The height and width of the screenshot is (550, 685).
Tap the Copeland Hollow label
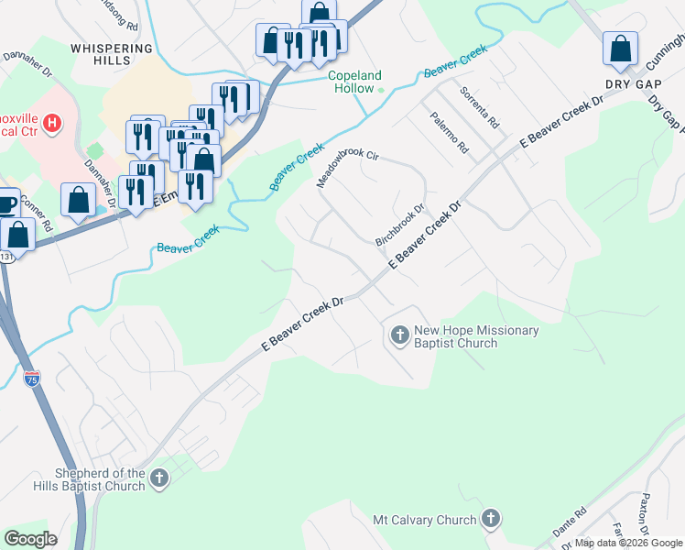point(355,82)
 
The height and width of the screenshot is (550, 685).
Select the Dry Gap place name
point(633,82)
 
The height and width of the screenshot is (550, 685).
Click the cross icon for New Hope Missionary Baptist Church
point(399,336)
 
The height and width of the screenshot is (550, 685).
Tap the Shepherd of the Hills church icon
point(159,478)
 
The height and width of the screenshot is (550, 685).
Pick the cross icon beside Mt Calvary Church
point(491,520)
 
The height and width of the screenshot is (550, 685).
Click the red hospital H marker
point(52,123)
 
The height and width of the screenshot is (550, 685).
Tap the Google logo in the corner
point(31,538)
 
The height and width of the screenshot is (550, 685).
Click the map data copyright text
point(628,543)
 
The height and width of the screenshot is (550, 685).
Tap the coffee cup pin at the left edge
point(5,203)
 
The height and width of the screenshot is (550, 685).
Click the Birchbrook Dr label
point(400,225)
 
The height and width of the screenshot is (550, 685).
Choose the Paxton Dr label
point(646,514)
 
